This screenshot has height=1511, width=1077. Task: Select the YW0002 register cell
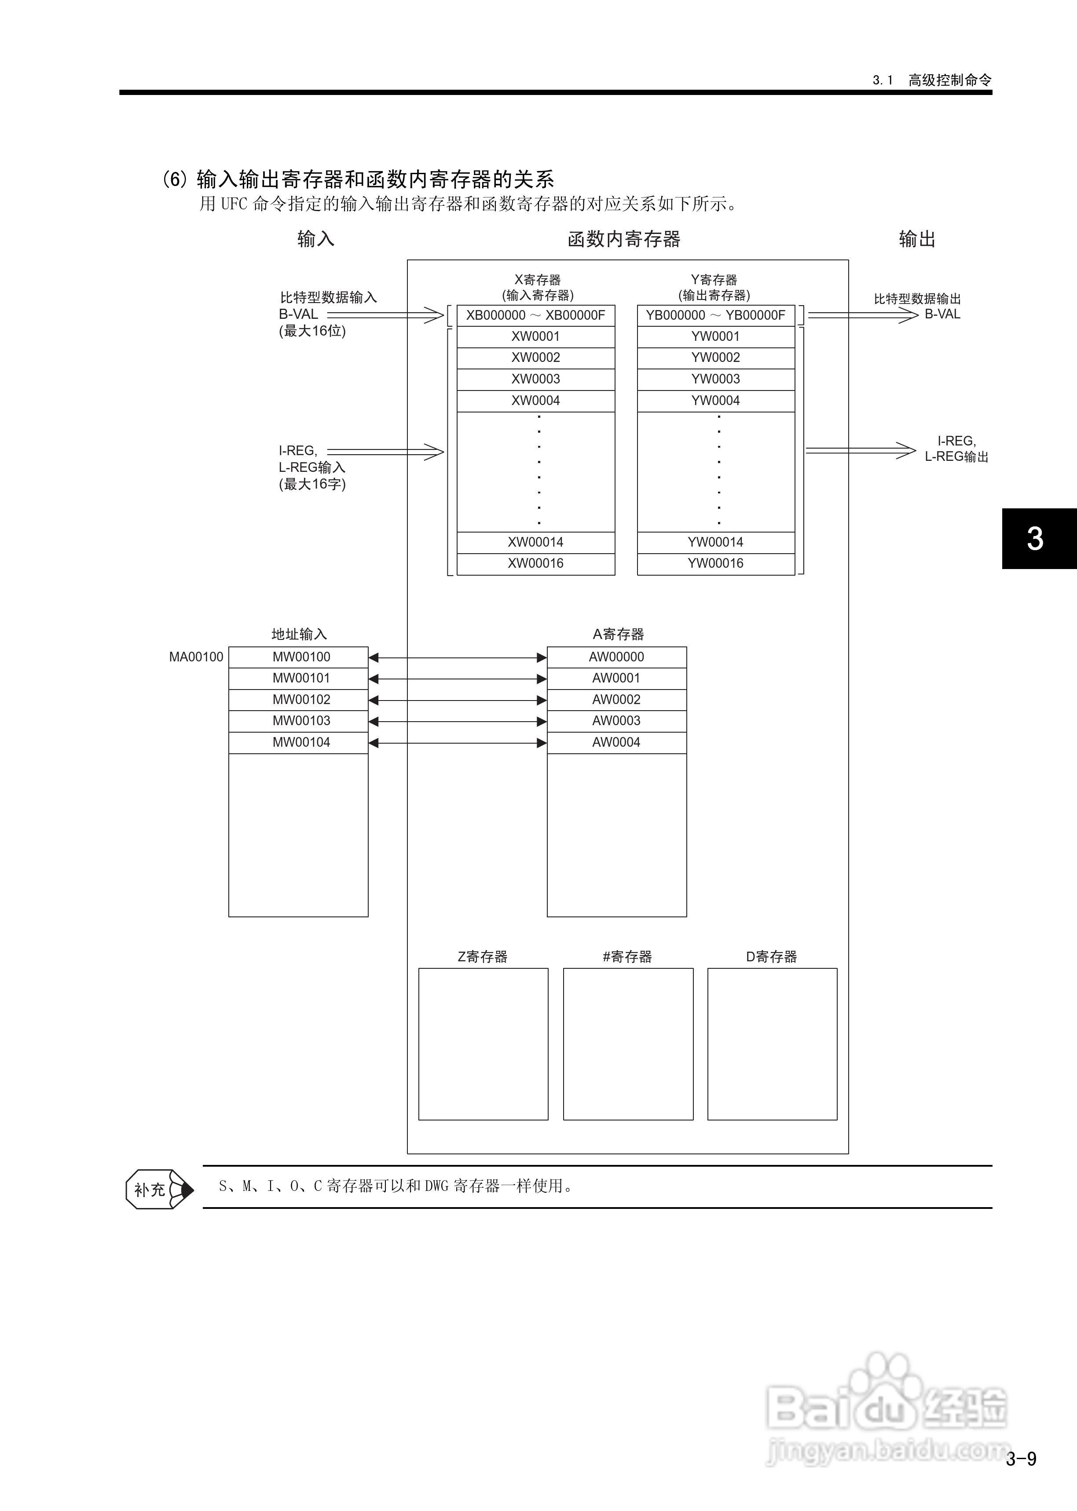coord(715,358)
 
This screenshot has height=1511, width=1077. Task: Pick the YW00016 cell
coord(715,563)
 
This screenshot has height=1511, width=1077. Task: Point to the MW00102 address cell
coord(301,700)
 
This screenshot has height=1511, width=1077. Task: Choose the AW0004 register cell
coord(616,742)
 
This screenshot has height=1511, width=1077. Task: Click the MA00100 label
coord(196,657)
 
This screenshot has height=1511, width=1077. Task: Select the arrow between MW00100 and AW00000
coord(457,657)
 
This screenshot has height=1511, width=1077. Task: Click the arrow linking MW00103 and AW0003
coord(457,721)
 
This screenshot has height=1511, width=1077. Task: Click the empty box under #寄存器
coord(627,1044)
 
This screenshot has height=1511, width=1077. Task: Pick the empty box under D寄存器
coord(772,1044)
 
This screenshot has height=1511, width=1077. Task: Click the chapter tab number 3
coord(1035,538)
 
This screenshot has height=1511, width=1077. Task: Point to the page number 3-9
coord(1021,1459)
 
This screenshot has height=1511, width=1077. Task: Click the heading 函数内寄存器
coord(623,239)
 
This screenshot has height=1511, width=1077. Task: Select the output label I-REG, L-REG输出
coord(956,449)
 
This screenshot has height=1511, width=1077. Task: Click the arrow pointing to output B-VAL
coord(862,315)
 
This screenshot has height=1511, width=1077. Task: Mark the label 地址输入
coord(299,634)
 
